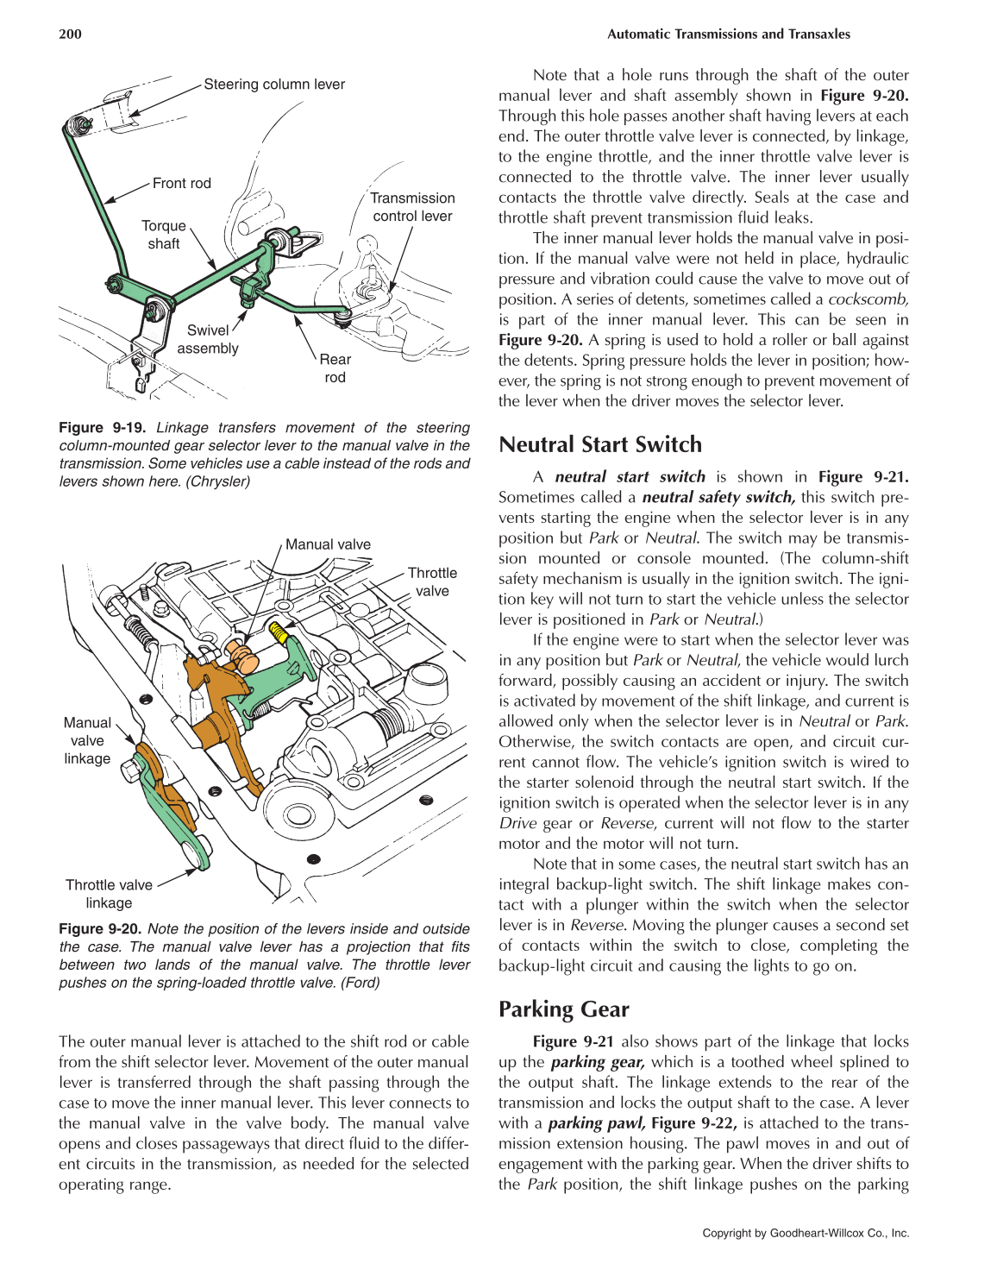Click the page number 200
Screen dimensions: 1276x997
coord(70,34)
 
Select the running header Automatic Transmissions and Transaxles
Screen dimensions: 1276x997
coord(728,35)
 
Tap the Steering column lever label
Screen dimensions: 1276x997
coord(274,85)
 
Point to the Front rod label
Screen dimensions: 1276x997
coord(181,183)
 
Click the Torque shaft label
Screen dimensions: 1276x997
coord(164,235)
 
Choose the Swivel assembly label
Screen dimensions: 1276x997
coord(208,339)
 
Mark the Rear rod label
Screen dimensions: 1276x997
coord(335,368)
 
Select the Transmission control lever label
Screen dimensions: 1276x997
coord(412,207)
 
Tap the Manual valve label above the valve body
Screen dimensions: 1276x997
coord(328,544)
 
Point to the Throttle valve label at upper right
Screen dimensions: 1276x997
coord(432,581)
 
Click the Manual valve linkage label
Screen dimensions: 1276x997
coord(87,740)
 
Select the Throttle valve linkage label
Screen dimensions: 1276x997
coord(109,894)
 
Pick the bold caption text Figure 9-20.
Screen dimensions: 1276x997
coord(100,929)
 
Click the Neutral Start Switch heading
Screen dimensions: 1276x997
coord(600,444)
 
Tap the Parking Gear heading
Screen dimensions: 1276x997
coord(563,1009)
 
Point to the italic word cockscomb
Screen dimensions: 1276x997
coord(868,299)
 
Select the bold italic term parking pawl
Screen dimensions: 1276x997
coord(596,1123)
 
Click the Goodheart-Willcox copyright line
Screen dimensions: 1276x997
coord(806,1233)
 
